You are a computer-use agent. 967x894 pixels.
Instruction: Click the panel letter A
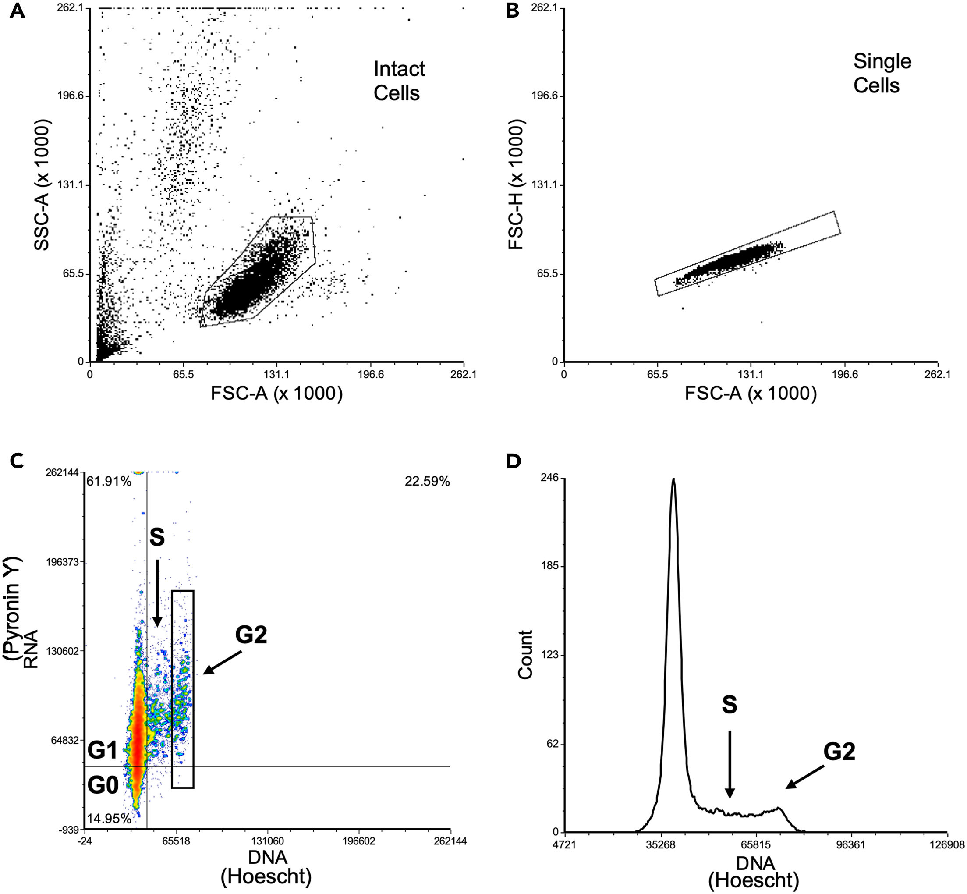(x=17, y=11)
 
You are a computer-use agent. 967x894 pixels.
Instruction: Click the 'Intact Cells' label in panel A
(x=399, y=81)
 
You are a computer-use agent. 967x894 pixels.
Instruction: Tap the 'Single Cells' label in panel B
(x=882, y=73)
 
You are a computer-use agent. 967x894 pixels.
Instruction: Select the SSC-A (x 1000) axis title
(x=42, y=185)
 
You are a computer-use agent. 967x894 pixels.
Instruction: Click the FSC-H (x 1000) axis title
(x=516, y=185)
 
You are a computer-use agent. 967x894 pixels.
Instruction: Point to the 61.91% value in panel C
(x=109, y=481)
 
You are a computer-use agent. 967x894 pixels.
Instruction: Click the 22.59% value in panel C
(x=427, y=481)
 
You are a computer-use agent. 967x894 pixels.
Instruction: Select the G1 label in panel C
(x=103, y=750)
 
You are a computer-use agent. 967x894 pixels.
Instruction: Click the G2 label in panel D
(x=839, y=752)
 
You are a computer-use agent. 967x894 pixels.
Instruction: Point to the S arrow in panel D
(x=730, y=764)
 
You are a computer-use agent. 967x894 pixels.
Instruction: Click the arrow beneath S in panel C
(x=157, y=593)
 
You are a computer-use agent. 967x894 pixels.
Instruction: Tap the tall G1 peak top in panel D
(x=673, y=480)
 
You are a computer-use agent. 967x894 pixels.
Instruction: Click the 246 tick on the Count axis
(x=552, y=478)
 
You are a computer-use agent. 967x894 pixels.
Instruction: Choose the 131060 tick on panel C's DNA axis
(x=268, y=841)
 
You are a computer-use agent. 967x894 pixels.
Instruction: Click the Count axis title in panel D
(x=525, y=655)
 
